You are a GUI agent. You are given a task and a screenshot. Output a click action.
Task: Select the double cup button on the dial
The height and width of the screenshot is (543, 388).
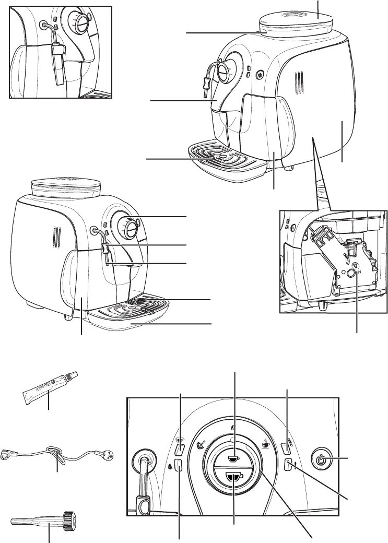[234, 477]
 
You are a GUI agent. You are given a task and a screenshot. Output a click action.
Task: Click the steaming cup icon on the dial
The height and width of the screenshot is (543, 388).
[265, 444]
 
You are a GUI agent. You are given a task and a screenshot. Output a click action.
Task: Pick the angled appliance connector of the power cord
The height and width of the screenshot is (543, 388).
[10, 454]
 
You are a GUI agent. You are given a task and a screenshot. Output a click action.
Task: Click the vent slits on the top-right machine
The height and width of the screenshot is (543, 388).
[298, 82]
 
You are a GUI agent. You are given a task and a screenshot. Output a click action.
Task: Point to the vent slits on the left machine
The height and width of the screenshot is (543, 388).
[54, 239]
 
